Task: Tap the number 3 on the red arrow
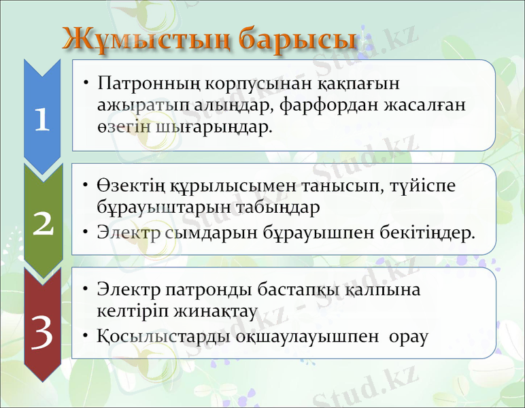(x=43, y=333)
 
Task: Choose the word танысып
(x=343, y=186)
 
